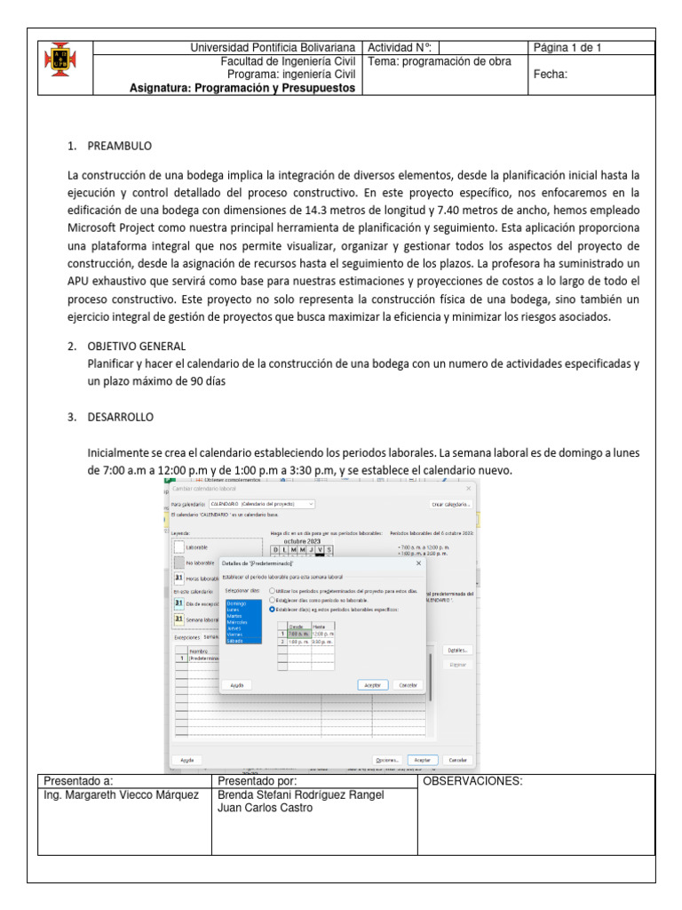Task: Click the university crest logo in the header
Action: [x=60, y=60]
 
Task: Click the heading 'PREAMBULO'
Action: [x=120, y=144]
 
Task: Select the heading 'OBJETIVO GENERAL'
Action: [x=137, y=346]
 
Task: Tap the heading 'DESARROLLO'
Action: [x=121, y=416]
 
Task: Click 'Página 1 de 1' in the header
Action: [x=567, y=48]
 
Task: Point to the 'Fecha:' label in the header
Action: [x=550, y=75]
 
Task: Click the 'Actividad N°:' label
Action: [x=399, y=48]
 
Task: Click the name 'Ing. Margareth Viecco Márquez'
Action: [x=122, y=794]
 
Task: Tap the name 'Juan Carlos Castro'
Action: [x=265, y=808]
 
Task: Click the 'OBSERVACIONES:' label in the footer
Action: [x=472, y=781]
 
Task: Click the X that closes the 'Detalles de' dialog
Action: [x=418, y=563]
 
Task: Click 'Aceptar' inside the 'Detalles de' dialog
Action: [x=372, y=685]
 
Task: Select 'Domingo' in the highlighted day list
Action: [x=236, y=603]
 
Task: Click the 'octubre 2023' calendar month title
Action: [x=301, y=540]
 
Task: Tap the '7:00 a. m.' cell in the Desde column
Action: [x=297, y=634]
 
